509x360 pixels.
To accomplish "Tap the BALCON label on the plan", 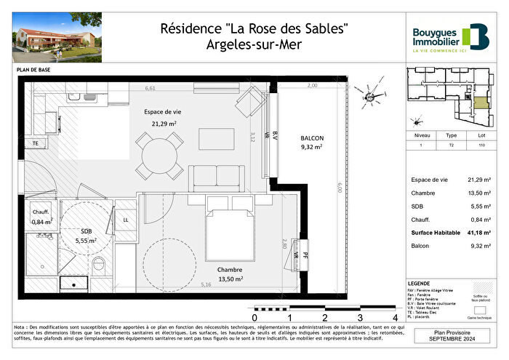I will coord(311,137).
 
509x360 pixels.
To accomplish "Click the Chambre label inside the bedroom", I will coord(231,269).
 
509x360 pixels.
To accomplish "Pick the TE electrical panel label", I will coord(34,143).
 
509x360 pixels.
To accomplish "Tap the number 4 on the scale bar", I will coord(395,318).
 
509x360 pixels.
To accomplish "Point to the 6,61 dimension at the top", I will coord(151,89).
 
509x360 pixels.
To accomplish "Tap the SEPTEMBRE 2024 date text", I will coord(453,340).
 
